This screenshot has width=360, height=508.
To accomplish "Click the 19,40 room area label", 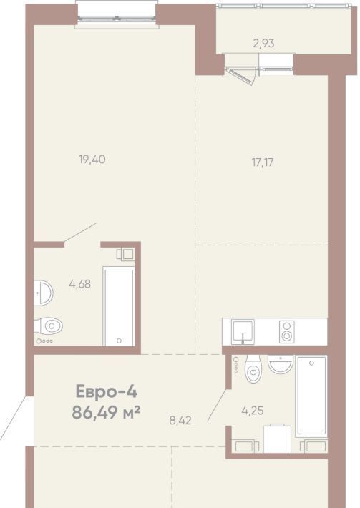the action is (92, 160).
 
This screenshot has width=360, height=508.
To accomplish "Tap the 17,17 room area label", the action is (263, 162).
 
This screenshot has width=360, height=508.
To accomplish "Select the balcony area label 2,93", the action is (264, 44).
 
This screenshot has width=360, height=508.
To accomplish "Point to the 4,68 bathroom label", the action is (79, 285).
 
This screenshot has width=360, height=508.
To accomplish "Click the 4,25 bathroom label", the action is (253, 411).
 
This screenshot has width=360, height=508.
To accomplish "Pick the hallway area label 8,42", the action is (180, 421).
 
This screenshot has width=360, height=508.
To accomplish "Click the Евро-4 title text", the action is (107, 391).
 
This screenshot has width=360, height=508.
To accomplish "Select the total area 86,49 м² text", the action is (107, 413).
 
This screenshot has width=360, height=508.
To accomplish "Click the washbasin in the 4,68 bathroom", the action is (44, 292).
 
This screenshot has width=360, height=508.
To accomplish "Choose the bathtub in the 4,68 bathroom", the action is (119, 306).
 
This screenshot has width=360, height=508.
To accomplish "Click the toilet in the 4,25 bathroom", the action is (253, 368).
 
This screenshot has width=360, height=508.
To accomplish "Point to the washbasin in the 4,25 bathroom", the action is (281, 364).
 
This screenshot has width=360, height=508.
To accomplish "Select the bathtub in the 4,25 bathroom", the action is (312, 395).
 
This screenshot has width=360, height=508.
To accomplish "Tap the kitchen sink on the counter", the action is (243, 332).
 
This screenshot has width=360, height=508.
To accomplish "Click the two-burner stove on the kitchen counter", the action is (287, 332).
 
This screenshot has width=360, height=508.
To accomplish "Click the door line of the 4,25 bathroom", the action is (217, 405).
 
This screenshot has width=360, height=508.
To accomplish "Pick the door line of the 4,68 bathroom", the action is (80, 233).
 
